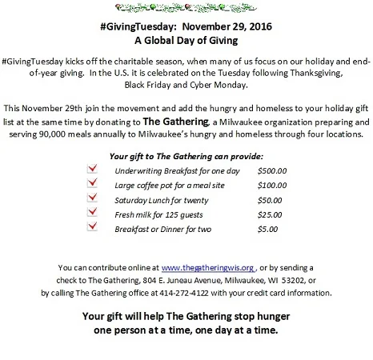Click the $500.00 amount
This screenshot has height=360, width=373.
pos(273,170)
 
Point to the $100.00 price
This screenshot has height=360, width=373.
pos(273,184)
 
